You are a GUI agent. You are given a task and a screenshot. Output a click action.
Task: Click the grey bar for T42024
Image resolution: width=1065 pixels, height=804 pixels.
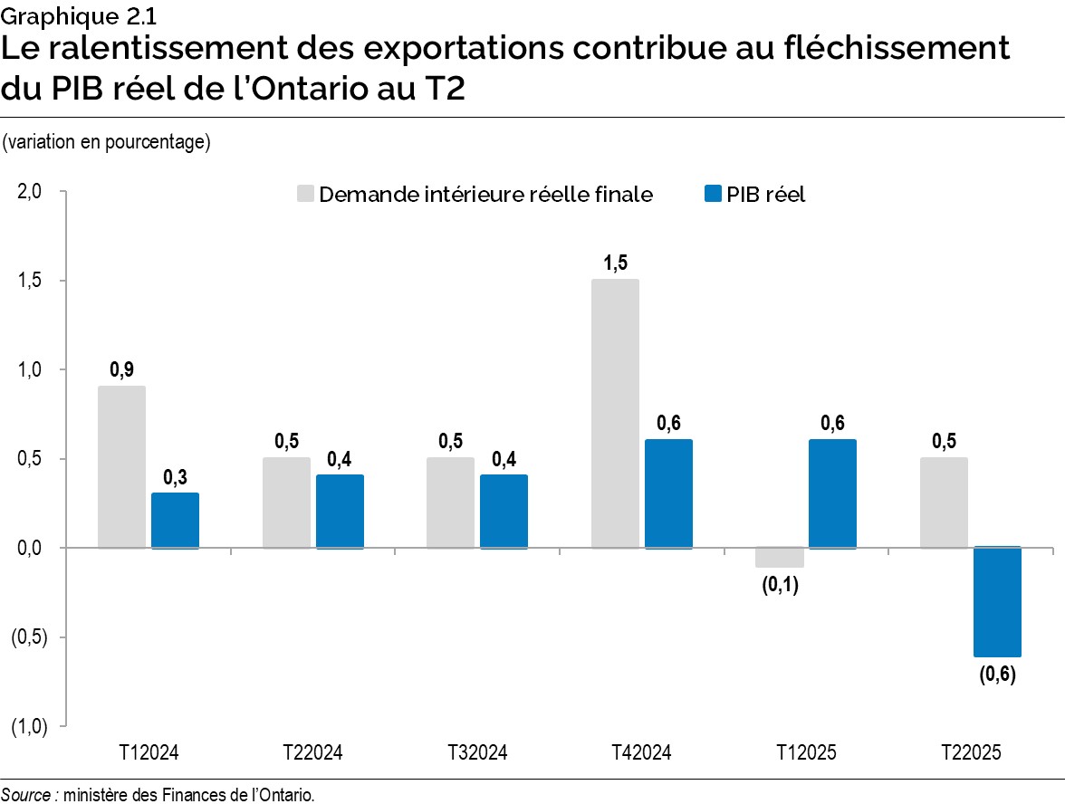[x=615, y=413]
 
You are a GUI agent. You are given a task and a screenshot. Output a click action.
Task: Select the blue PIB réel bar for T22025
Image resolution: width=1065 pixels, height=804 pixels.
[x=997, y=602]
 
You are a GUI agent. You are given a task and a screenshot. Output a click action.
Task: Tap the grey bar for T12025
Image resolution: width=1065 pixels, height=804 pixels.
[x=780, y=558]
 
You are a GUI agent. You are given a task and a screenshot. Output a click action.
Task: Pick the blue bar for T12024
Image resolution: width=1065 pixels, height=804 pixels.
[x=175, y=521]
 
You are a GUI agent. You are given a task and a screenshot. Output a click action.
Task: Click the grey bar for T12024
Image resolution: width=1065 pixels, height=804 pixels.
[x=121, y=466]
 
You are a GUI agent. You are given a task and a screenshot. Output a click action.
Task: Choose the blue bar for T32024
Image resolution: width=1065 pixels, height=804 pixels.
[x=504, y=512]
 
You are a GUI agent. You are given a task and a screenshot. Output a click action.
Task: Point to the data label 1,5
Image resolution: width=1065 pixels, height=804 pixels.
[x=615, y=263]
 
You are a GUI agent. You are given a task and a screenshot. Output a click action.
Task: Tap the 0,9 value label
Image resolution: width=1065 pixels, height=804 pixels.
[x=121, y=369]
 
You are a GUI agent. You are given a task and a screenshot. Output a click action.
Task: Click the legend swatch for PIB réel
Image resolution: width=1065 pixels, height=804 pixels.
[x=712, y=195]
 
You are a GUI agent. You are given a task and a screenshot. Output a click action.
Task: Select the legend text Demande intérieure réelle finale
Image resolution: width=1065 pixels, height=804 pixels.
[x=485, y=195]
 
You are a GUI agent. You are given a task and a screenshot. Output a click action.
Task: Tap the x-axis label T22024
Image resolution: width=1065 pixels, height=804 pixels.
[x=312, y=752]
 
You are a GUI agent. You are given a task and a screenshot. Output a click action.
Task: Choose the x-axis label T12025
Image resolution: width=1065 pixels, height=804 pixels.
[x=807, y=752]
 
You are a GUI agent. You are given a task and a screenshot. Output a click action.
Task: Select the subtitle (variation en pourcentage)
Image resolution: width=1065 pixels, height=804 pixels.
[x=107, y=143]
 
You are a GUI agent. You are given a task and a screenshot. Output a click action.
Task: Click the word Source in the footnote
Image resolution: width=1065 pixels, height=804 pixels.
[x=26, y=795]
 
